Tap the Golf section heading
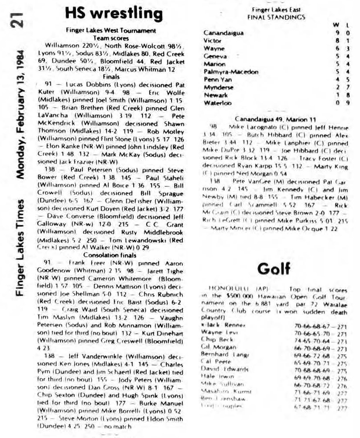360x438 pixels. (x=273, y=269)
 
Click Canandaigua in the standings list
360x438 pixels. (x=223, y=33)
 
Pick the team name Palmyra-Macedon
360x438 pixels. (x=231, y=72)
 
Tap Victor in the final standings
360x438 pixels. (x=213, y=41)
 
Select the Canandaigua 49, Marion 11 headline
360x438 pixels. (x=275, y=119)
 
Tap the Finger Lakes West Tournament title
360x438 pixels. (x=110, y=31)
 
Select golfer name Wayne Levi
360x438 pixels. (x=218, y=332)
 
